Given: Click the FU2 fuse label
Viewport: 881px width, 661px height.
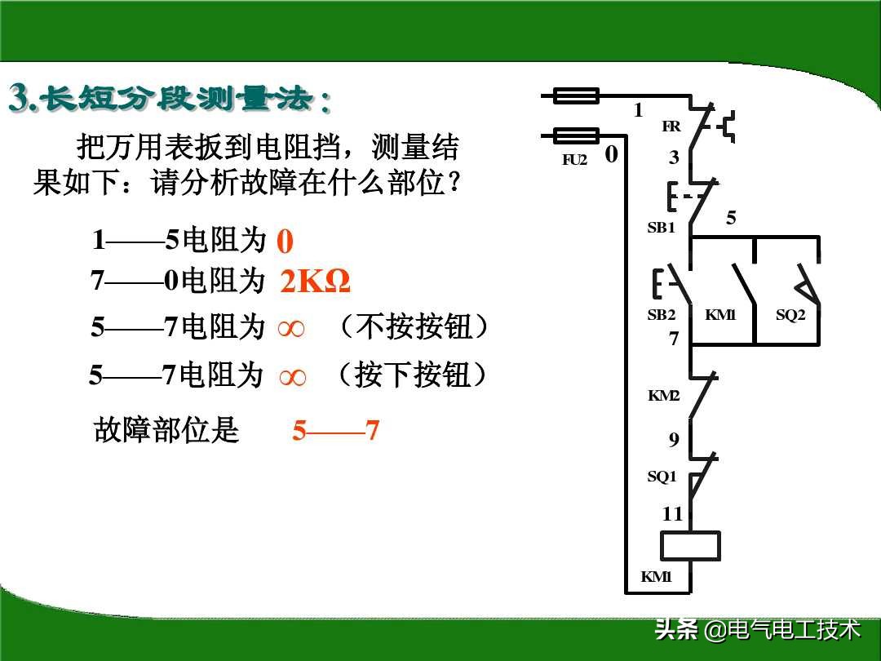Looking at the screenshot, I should (574, 160).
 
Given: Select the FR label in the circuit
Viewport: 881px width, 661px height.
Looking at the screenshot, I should (671, 126).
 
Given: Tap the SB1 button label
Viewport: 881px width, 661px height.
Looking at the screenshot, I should (661, 228).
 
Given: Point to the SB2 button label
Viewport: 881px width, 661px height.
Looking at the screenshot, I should (661, 315).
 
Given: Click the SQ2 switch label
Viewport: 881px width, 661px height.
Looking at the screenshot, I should (790, 315).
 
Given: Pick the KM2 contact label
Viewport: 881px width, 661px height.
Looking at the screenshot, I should (663, 396).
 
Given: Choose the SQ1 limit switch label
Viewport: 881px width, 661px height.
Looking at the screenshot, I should (662, 477).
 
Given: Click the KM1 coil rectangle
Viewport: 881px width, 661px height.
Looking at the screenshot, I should (690, 545).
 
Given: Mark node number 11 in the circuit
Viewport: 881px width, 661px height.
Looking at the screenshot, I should (671, 514).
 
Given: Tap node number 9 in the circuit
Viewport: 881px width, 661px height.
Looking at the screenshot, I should (674, 441).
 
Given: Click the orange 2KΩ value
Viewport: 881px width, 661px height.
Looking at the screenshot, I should (315, 282).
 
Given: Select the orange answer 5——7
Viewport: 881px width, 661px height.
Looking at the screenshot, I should (336, 431).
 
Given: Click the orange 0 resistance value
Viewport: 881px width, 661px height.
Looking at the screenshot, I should (285, 242).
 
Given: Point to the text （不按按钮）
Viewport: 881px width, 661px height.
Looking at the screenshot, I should (413, 328).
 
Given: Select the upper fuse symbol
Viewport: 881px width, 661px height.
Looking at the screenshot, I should (576, 96).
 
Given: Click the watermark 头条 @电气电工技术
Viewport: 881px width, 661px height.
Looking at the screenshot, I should (757, 630).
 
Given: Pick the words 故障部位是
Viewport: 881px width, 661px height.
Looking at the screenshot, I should (166, 430).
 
